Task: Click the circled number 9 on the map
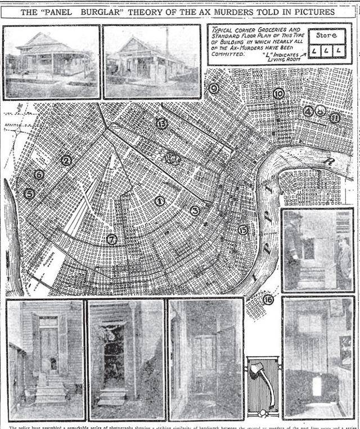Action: [x=213, y=88]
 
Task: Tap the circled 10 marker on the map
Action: [x=278, y=94]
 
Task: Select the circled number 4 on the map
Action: [x=308, y=111]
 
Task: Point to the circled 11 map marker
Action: [x=335, y=118]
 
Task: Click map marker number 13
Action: [x=161, y=123]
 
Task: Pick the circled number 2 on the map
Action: [x=66, y=160]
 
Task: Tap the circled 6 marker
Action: [x=39, y=175]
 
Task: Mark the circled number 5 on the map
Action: [x=29, y=194]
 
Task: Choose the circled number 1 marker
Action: [x=160, y=200]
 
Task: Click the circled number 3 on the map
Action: [x=195, y=211]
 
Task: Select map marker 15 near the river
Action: [x=243, y=230]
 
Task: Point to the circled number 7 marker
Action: [x=112, y=239]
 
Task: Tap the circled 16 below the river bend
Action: [x=268, y=300]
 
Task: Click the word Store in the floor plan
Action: [x=326, y=35]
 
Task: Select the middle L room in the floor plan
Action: [x=326, y=51]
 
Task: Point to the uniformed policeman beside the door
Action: [x=294, y=248]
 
